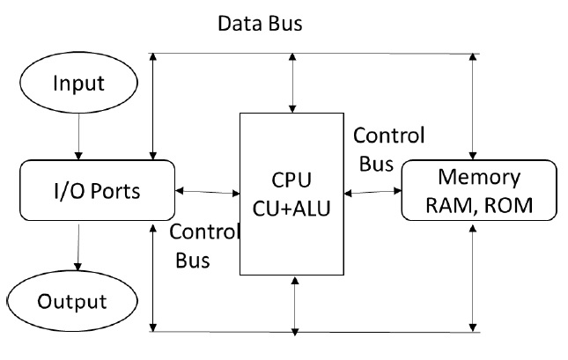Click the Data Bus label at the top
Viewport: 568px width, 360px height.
pyautogui.click(x=260, y=24)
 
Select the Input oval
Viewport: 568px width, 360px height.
pyautogui.click(x=79, y=84)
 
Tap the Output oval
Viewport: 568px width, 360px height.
pyautogui.click(x=72, y=301)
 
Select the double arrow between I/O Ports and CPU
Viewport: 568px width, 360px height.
pyautogui.click(x=208, y=191)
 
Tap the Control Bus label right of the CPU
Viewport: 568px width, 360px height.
pyautogui.click(x=388, y=149)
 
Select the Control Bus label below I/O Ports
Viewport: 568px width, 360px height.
pyautogui.click(x=203, y=246)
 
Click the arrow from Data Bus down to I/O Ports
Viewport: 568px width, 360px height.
pyautogui.click(x=153, y=106)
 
